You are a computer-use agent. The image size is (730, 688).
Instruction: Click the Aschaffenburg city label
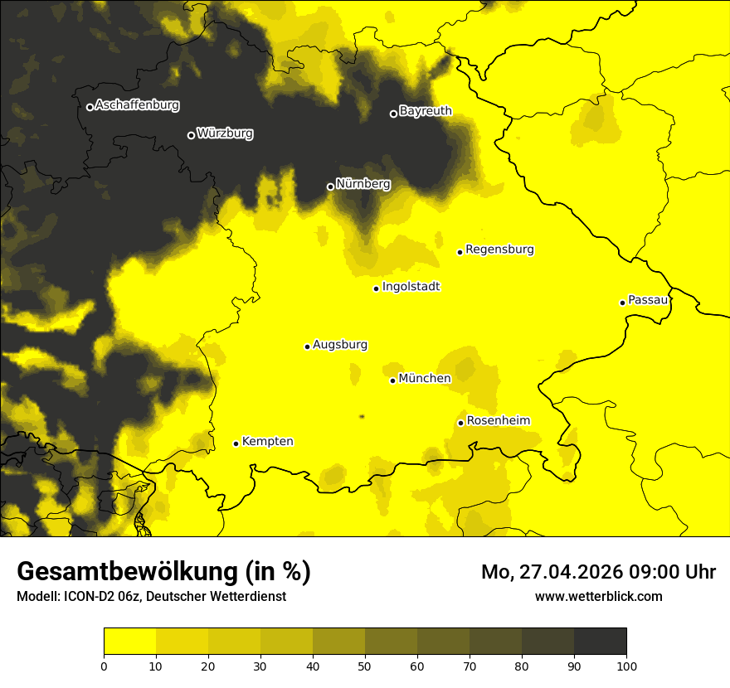coord(137,105)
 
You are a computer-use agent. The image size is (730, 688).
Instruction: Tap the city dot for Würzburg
coord(191,135)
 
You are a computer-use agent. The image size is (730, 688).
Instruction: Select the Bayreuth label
coord(426,111)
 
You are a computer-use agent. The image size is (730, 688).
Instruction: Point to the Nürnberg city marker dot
coord(330,187)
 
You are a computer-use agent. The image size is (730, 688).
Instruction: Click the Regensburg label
coord(499,250)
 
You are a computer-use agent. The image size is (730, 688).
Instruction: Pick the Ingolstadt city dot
coord(376,288)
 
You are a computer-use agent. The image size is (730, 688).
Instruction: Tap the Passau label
coord(648,300)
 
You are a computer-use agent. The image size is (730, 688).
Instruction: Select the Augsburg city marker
coord(307,346)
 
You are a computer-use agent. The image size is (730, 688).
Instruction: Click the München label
coord(425,379)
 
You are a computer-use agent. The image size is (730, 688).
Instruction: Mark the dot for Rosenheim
coord(460,423)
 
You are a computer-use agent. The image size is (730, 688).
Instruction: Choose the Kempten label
coord(267,442)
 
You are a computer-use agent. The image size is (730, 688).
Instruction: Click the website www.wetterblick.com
coord(598,596)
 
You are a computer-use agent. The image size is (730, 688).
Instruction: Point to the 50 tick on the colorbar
coord(365,665)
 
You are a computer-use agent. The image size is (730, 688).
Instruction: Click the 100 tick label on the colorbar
coord(626,666)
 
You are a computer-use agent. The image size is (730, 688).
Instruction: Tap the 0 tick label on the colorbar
coord(104,666)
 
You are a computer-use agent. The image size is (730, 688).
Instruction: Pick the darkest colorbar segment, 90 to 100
coord(600,642)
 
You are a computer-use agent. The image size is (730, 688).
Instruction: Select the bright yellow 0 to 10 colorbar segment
coord(129,642)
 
